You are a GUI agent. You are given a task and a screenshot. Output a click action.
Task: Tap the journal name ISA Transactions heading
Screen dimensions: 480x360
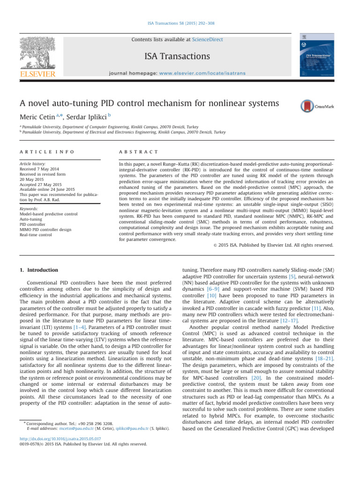pos(180,56)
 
